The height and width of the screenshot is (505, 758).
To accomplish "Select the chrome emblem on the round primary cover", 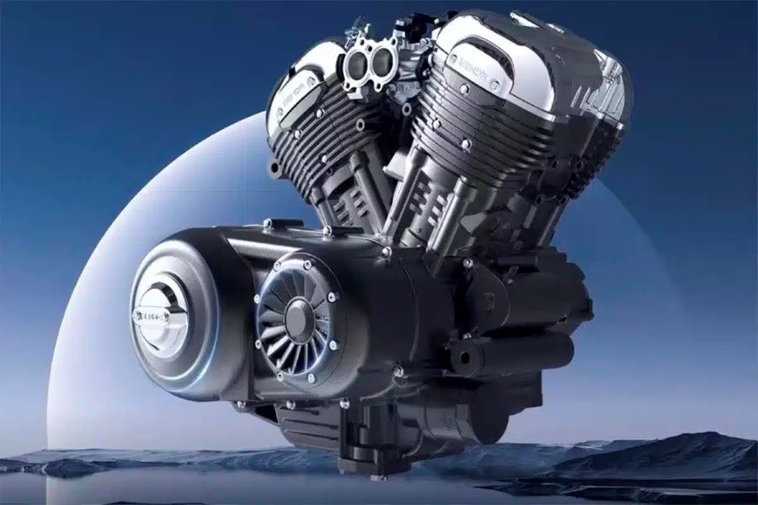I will click(160, 314).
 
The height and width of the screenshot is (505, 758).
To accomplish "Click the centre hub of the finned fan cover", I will click(299, 317).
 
